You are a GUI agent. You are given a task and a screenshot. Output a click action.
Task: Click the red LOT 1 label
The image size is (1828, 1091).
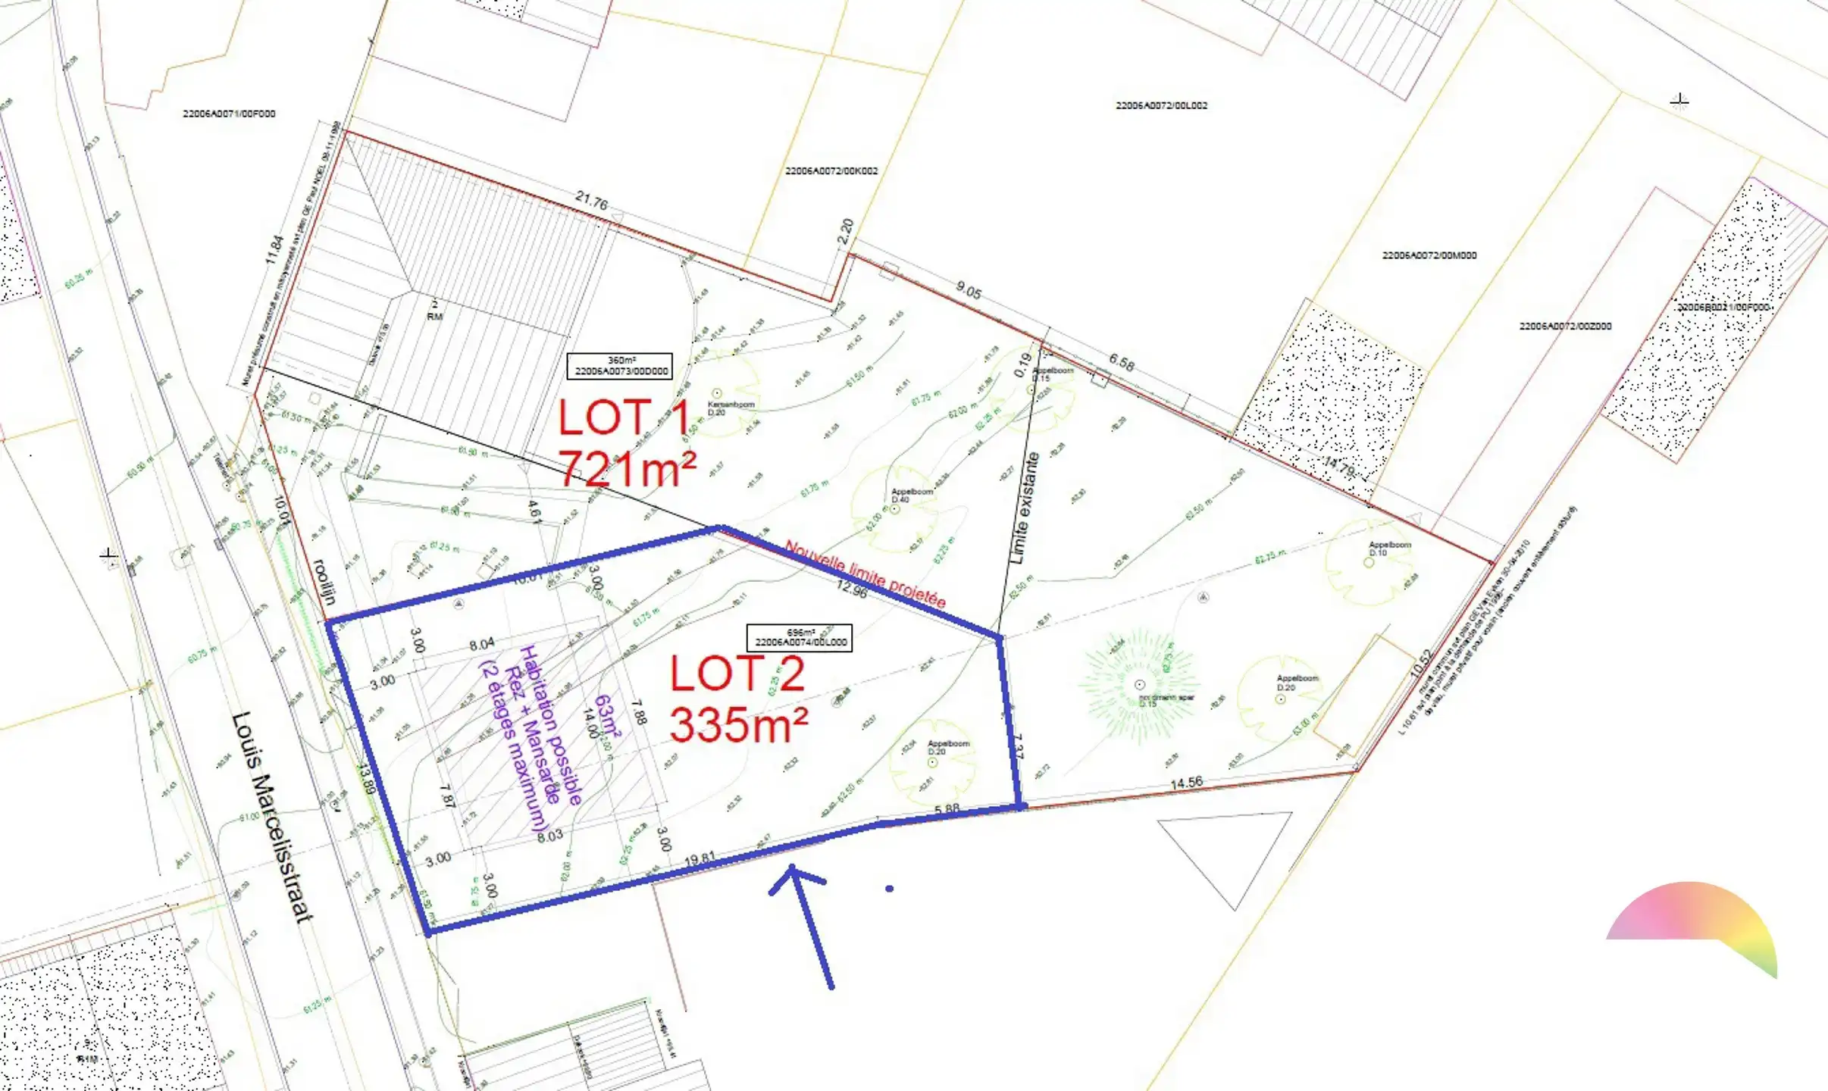tap(624, 418)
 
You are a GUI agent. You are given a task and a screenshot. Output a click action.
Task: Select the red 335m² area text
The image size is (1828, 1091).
tap(739, 725)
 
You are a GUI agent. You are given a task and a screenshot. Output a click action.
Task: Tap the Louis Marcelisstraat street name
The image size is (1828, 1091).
tap(272, 817)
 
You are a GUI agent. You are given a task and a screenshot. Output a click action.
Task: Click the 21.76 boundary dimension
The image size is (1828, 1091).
tap(591, 202)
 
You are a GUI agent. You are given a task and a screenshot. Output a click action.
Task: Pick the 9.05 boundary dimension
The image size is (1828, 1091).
tap(969, 289)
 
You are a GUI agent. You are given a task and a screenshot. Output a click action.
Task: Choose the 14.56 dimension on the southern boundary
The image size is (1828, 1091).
tap(1186, 783)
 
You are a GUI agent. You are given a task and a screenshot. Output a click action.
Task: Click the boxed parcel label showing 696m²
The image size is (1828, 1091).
tap(800, 638)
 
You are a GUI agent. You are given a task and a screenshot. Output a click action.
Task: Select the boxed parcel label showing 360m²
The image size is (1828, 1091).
tap(620, 366)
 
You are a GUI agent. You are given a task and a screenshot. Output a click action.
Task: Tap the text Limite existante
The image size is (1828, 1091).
tap(1025, 508)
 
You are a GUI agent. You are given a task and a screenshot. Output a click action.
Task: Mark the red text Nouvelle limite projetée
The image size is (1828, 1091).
tap(865, 574)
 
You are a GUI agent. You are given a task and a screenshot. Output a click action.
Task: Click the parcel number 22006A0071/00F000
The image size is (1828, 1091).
tap(229, 114)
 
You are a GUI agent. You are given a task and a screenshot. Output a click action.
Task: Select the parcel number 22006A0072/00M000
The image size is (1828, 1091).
tap(1429, 256)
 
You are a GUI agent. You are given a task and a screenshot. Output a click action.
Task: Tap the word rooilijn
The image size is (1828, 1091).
tap(324, 582)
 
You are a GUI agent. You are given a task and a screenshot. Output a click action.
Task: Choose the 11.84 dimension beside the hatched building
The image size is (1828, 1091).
tap(274, 250)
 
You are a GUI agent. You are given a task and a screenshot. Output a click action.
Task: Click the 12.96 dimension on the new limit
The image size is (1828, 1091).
tap(852, 589)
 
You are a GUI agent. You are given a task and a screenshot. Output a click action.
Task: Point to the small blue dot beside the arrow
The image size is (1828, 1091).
tap(889, 889)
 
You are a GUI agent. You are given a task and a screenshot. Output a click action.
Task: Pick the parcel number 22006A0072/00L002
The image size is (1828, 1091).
tap(1161, 105)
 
